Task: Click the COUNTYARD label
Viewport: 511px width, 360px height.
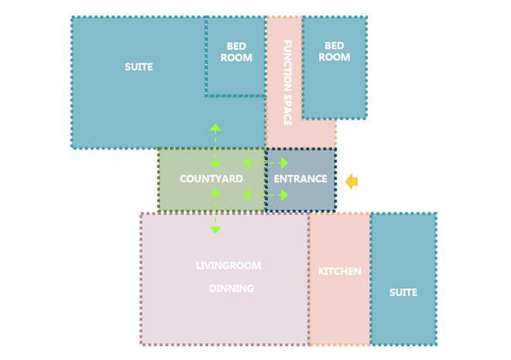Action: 211,179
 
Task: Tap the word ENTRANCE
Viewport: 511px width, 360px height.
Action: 300,179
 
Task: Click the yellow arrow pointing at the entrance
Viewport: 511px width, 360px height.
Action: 352,181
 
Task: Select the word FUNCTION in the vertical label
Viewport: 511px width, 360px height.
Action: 287,63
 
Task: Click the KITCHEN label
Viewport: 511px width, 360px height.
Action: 340,272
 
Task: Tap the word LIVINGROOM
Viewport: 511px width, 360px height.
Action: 228,266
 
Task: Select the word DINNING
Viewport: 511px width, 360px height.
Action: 231,288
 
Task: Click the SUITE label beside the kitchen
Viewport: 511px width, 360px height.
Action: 403,292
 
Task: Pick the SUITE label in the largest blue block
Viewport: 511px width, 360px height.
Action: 139,67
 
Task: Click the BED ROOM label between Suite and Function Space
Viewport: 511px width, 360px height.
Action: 236,52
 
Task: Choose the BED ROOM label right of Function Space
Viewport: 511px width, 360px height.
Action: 334,51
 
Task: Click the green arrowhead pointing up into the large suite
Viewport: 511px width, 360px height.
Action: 215,128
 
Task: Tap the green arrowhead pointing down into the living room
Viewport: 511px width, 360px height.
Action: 215,230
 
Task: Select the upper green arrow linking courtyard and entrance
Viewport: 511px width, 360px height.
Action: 266,163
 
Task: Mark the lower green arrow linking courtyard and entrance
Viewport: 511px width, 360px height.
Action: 266,195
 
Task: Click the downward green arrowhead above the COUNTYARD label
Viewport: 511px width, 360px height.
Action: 215,164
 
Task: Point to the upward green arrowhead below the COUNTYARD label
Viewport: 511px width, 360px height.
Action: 215,193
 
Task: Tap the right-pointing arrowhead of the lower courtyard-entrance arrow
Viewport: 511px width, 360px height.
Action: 284,195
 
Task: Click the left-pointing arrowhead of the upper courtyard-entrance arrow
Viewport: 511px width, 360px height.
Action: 247,163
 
